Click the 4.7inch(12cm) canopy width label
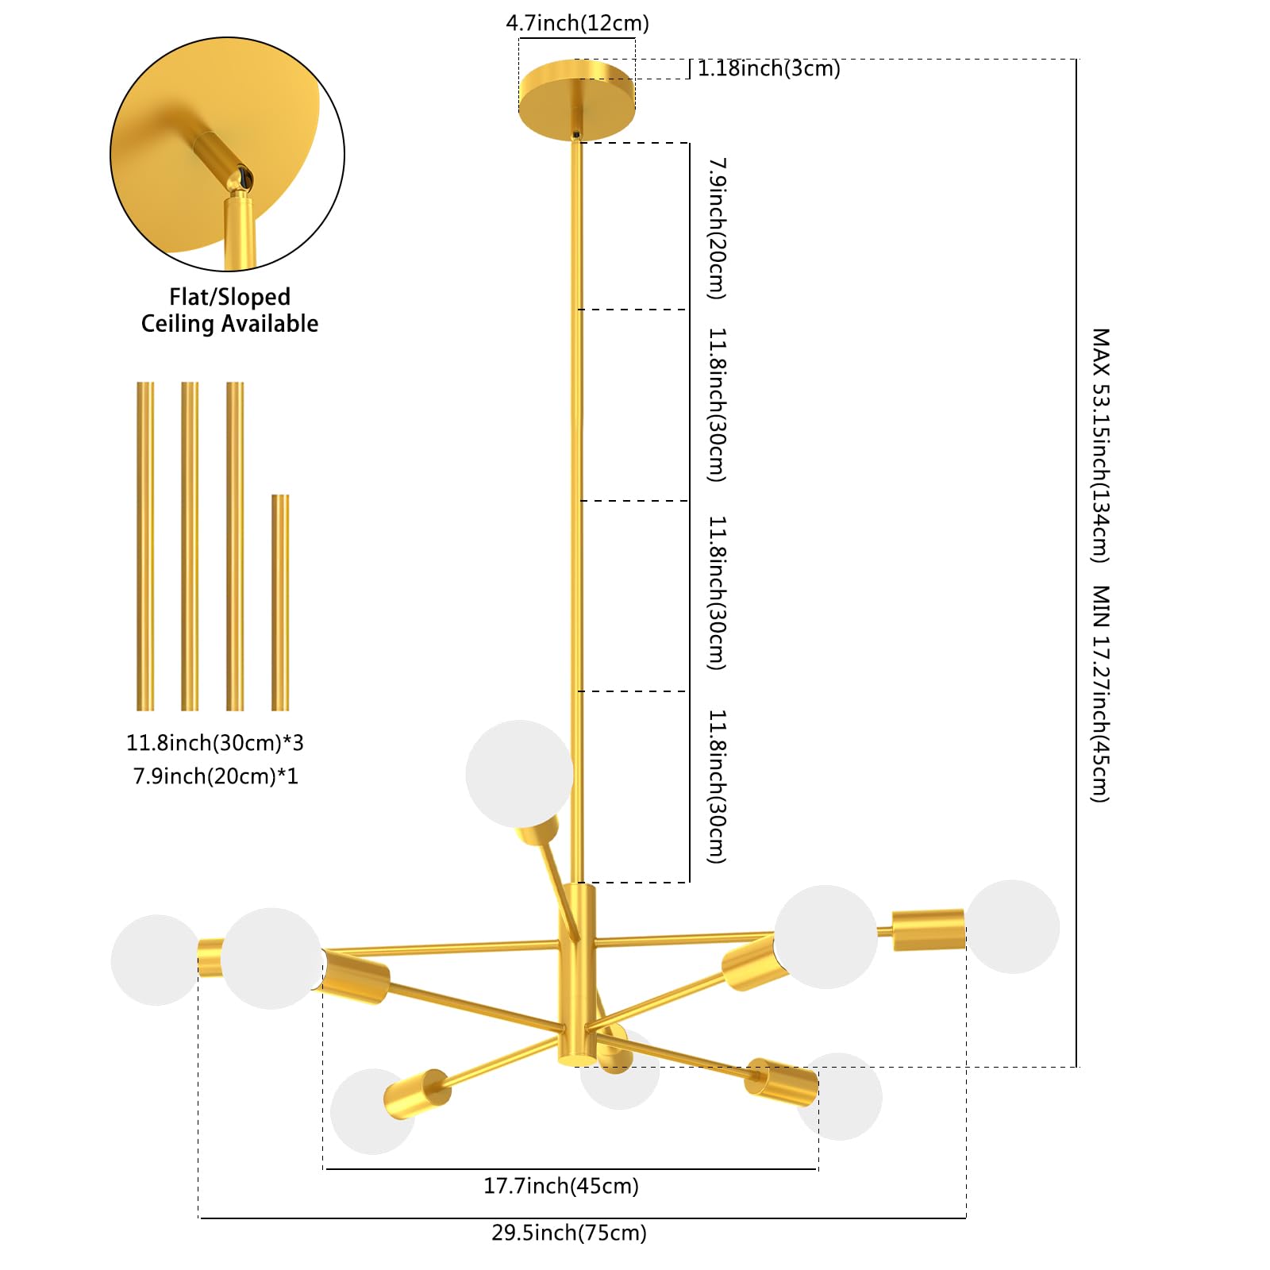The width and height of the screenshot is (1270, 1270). click(577, 23)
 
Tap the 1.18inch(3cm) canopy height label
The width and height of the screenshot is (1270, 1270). click(768, 68)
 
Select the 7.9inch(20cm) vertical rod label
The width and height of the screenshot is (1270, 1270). click(717, 229)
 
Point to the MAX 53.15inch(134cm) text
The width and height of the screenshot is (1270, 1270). click(1099, 445)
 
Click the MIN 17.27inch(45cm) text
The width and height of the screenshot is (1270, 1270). click(1099, 694)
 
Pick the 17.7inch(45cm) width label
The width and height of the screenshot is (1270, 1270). click(561, 1186)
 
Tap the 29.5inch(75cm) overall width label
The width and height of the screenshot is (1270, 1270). click(569, 1233)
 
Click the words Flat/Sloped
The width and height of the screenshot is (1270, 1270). click(229, 297)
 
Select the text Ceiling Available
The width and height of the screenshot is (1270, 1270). click(229, 324)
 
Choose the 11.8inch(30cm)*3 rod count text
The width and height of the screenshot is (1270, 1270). click(215, 743)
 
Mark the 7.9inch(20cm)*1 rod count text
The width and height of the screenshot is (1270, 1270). click(215, 775)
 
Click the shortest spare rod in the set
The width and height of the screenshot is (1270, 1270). click(280, 602)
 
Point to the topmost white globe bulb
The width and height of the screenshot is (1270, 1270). click(519, 774)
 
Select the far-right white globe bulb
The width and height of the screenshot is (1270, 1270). click(1012, 927)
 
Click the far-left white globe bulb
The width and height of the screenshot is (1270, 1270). click(156, 960)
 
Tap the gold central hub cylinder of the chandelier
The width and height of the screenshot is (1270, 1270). click(576, 975)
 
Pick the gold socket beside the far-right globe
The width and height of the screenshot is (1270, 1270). click(929, 929)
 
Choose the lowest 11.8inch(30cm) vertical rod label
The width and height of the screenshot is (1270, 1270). click(717, 787)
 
